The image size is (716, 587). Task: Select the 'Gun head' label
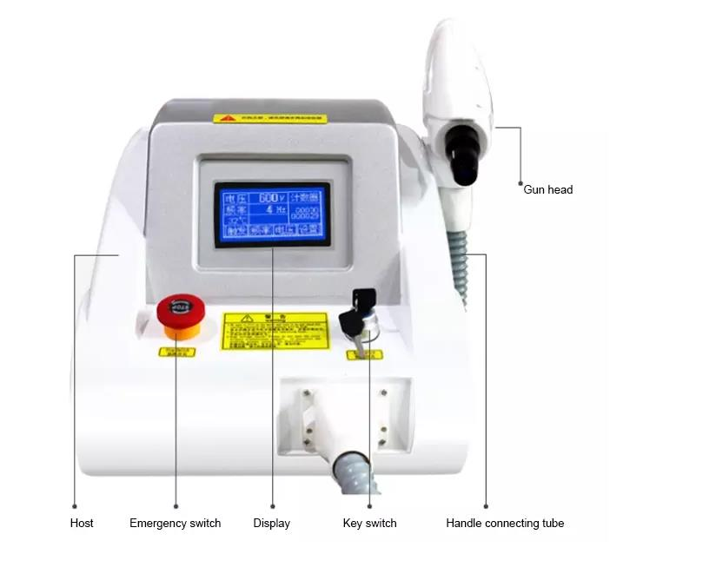coord(547,189)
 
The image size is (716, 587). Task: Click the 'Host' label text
coord(82,523)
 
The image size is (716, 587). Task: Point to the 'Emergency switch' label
coord(175,523)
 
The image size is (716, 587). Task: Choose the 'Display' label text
coord(271,523)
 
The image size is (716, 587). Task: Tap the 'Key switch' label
coord(369,523)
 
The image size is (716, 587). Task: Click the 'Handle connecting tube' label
coord(505,523)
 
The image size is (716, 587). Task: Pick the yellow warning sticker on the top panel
coord(270,117)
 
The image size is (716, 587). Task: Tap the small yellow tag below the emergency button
coord(176,352)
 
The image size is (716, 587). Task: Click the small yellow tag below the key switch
coord(365,354)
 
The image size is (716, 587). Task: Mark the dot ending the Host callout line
coord(75,505)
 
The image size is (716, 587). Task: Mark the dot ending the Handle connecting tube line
coord(486,505)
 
